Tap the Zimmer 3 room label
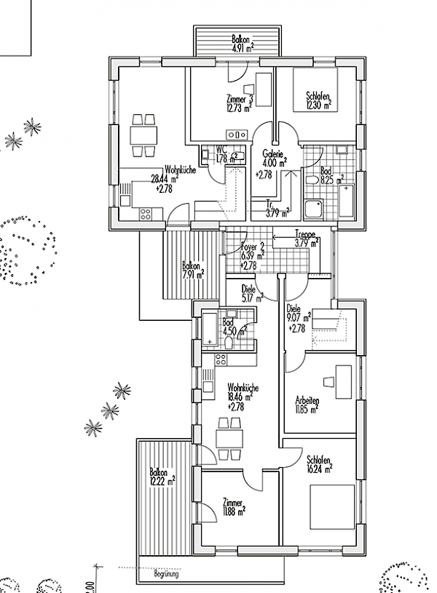pyautogui.click(x=240, y=103)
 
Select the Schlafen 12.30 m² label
pyautogui.click(x=318, y=100)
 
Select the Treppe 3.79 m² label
pyautogui.click(x=307, y=239)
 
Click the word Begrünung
pyautogui.click(x=166, y=575)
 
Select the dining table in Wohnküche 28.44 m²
pyautogui.click(x=144, y=135)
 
